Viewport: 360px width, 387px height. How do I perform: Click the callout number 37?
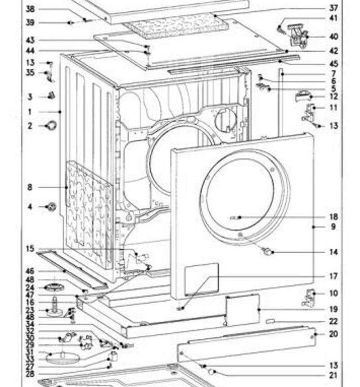click(x=333, y=8)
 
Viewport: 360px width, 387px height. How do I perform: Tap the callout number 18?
click(x=333, y=217)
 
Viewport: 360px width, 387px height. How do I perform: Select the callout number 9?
click(x=333, y=227)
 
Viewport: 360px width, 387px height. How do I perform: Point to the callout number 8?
click(x=30, y=187)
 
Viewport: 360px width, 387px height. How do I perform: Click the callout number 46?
click(x=30, y=271)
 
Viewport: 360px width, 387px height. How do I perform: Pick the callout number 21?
click(x=333, y=375)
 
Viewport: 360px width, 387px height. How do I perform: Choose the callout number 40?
click(x=333, y=36)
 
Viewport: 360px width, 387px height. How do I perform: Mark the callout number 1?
click(x=30, y=111)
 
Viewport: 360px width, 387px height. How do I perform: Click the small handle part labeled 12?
click(x=303, y=95)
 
